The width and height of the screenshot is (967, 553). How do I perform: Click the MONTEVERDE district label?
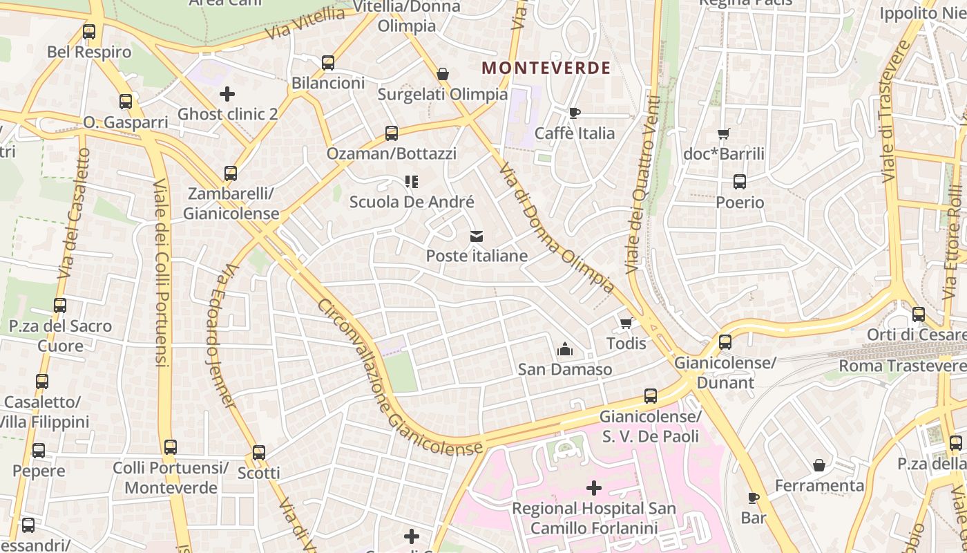coord(546,68)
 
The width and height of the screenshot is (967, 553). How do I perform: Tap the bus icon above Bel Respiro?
coord(89,31)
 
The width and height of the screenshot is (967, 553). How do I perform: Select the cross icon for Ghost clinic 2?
coord(227,93)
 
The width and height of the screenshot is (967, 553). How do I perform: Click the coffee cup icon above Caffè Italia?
coord(574,113)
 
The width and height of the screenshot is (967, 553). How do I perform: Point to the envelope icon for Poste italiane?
coord(476,236)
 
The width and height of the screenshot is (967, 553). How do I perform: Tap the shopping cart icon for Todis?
coord(626,323)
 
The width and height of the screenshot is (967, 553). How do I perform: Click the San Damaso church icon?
coord(564,349)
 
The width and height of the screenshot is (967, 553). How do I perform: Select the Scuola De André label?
coord(412,202)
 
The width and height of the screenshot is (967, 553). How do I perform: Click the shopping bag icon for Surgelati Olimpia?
coord(443,74)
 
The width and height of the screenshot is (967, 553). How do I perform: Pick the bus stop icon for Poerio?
coord(740,182)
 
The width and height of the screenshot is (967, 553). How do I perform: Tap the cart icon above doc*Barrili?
coord(723,133)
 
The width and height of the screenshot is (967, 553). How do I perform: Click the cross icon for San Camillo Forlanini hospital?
coord(593,489)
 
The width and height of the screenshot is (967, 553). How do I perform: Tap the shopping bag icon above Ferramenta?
coord(818,465)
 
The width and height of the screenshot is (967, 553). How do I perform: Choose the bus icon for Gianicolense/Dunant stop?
coord(725,341)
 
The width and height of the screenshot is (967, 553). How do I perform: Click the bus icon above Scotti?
coord(259,453)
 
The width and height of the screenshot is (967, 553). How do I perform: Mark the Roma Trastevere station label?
coord(902,366)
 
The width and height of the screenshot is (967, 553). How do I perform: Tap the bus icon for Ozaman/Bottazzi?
coord(392,133)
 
